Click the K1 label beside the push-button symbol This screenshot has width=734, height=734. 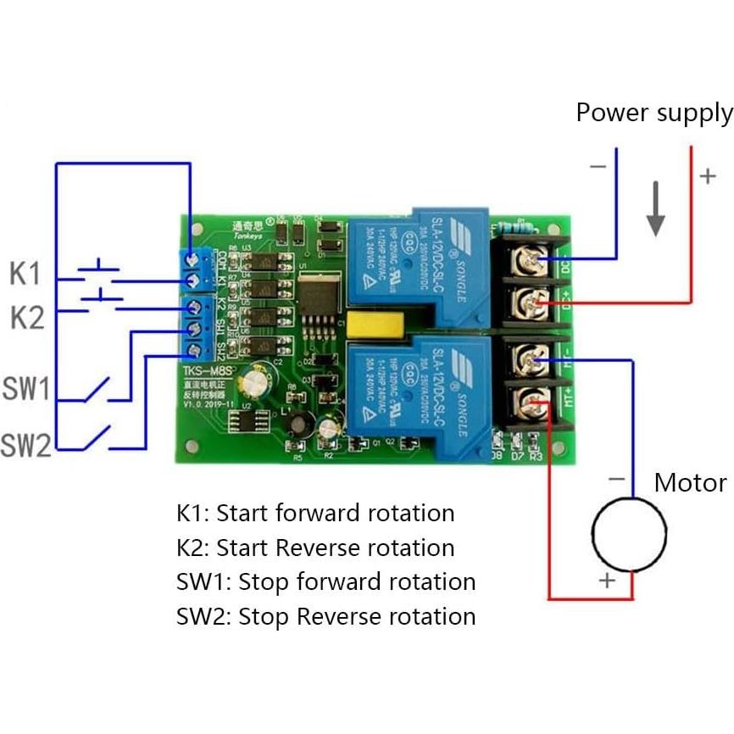pos(25,274)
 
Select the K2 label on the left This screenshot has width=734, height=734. pos(26,318)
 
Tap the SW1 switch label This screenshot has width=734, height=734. pos(26,389)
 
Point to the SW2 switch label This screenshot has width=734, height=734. pos(26,444)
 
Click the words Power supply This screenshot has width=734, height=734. pos(653,113)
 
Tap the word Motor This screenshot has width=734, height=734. pos(690,483)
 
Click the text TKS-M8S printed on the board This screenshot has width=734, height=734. pos(206,370)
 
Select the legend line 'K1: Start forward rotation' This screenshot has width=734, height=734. pos(315,513)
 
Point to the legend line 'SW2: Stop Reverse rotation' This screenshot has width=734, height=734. pos(325,616)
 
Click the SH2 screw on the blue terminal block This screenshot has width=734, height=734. pos(193,350)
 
